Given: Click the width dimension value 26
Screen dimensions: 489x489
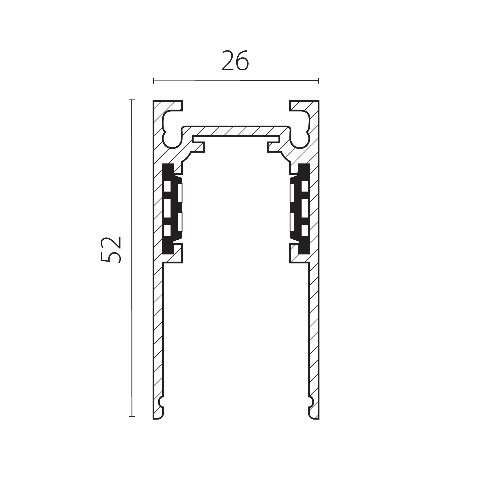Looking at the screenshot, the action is point(235,60).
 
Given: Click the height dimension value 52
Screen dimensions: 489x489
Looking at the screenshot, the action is point(111,250).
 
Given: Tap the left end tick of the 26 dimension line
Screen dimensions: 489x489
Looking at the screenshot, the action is point(154,81).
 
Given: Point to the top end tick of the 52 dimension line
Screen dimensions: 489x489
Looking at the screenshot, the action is point(132,100).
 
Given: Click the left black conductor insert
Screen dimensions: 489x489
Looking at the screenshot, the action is point(172,209).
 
